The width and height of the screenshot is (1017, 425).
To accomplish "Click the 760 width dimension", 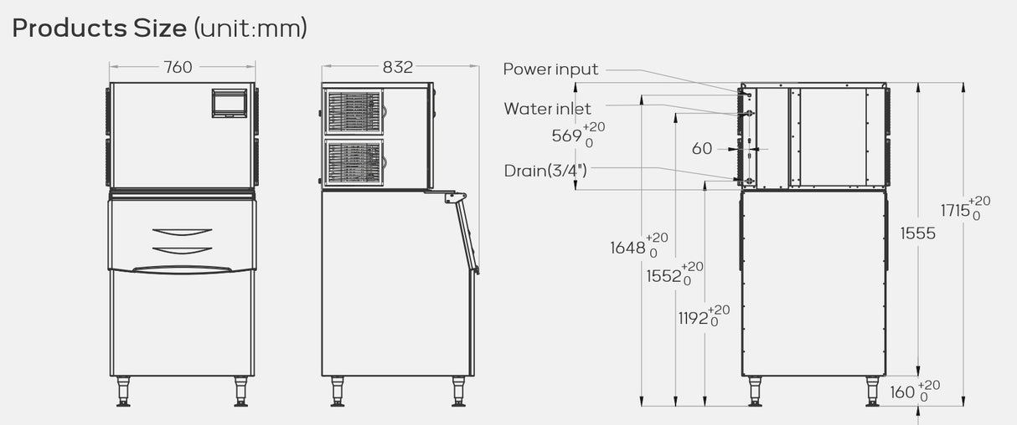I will [x=178, y=68].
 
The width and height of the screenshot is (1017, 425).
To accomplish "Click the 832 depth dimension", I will [x=398, y=68].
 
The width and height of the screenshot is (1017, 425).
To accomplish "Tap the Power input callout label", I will [x=550, y=69].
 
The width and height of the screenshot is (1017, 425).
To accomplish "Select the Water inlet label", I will [x=547, y=109].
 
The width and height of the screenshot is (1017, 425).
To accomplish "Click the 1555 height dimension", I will [x=917, y=234].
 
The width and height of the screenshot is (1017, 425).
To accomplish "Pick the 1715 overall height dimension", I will [x=955, y=211].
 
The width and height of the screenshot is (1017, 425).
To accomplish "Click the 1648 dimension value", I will [x=628, y=248].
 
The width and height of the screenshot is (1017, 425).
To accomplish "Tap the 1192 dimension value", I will [x=694, y=319].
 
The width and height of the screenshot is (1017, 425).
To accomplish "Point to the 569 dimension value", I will [x=566, y=136].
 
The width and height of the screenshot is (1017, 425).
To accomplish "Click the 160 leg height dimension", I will [x=902, y=391].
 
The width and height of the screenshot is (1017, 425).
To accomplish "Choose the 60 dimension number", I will [x=702, y=149].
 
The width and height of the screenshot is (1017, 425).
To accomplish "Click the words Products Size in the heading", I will [x=100, y=28].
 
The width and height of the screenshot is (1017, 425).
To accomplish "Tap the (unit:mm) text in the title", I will [x=250, y=28].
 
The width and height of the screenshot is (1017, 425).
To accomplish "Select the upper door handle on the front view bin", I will [x=183, y=232].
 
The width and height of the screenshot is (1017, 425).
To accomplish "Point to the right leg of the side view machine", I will [x=458, y=391].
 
